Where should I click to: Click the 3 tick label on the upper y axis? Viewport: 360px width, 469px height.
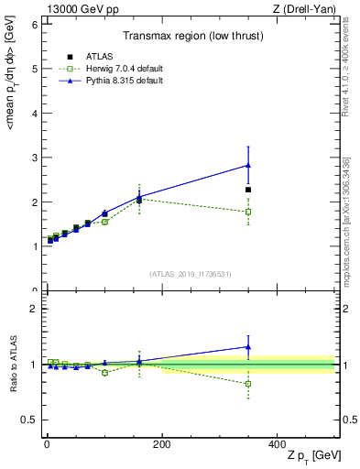point(33,158)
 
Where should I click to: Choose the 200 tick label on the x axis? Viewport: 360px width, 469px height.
point(162,444)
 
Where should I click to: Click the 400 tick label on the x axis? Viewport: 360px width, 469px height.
point(278,444)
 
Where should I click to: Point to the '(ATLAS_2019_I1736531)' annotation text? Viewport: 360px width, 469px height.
point(191,274)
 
